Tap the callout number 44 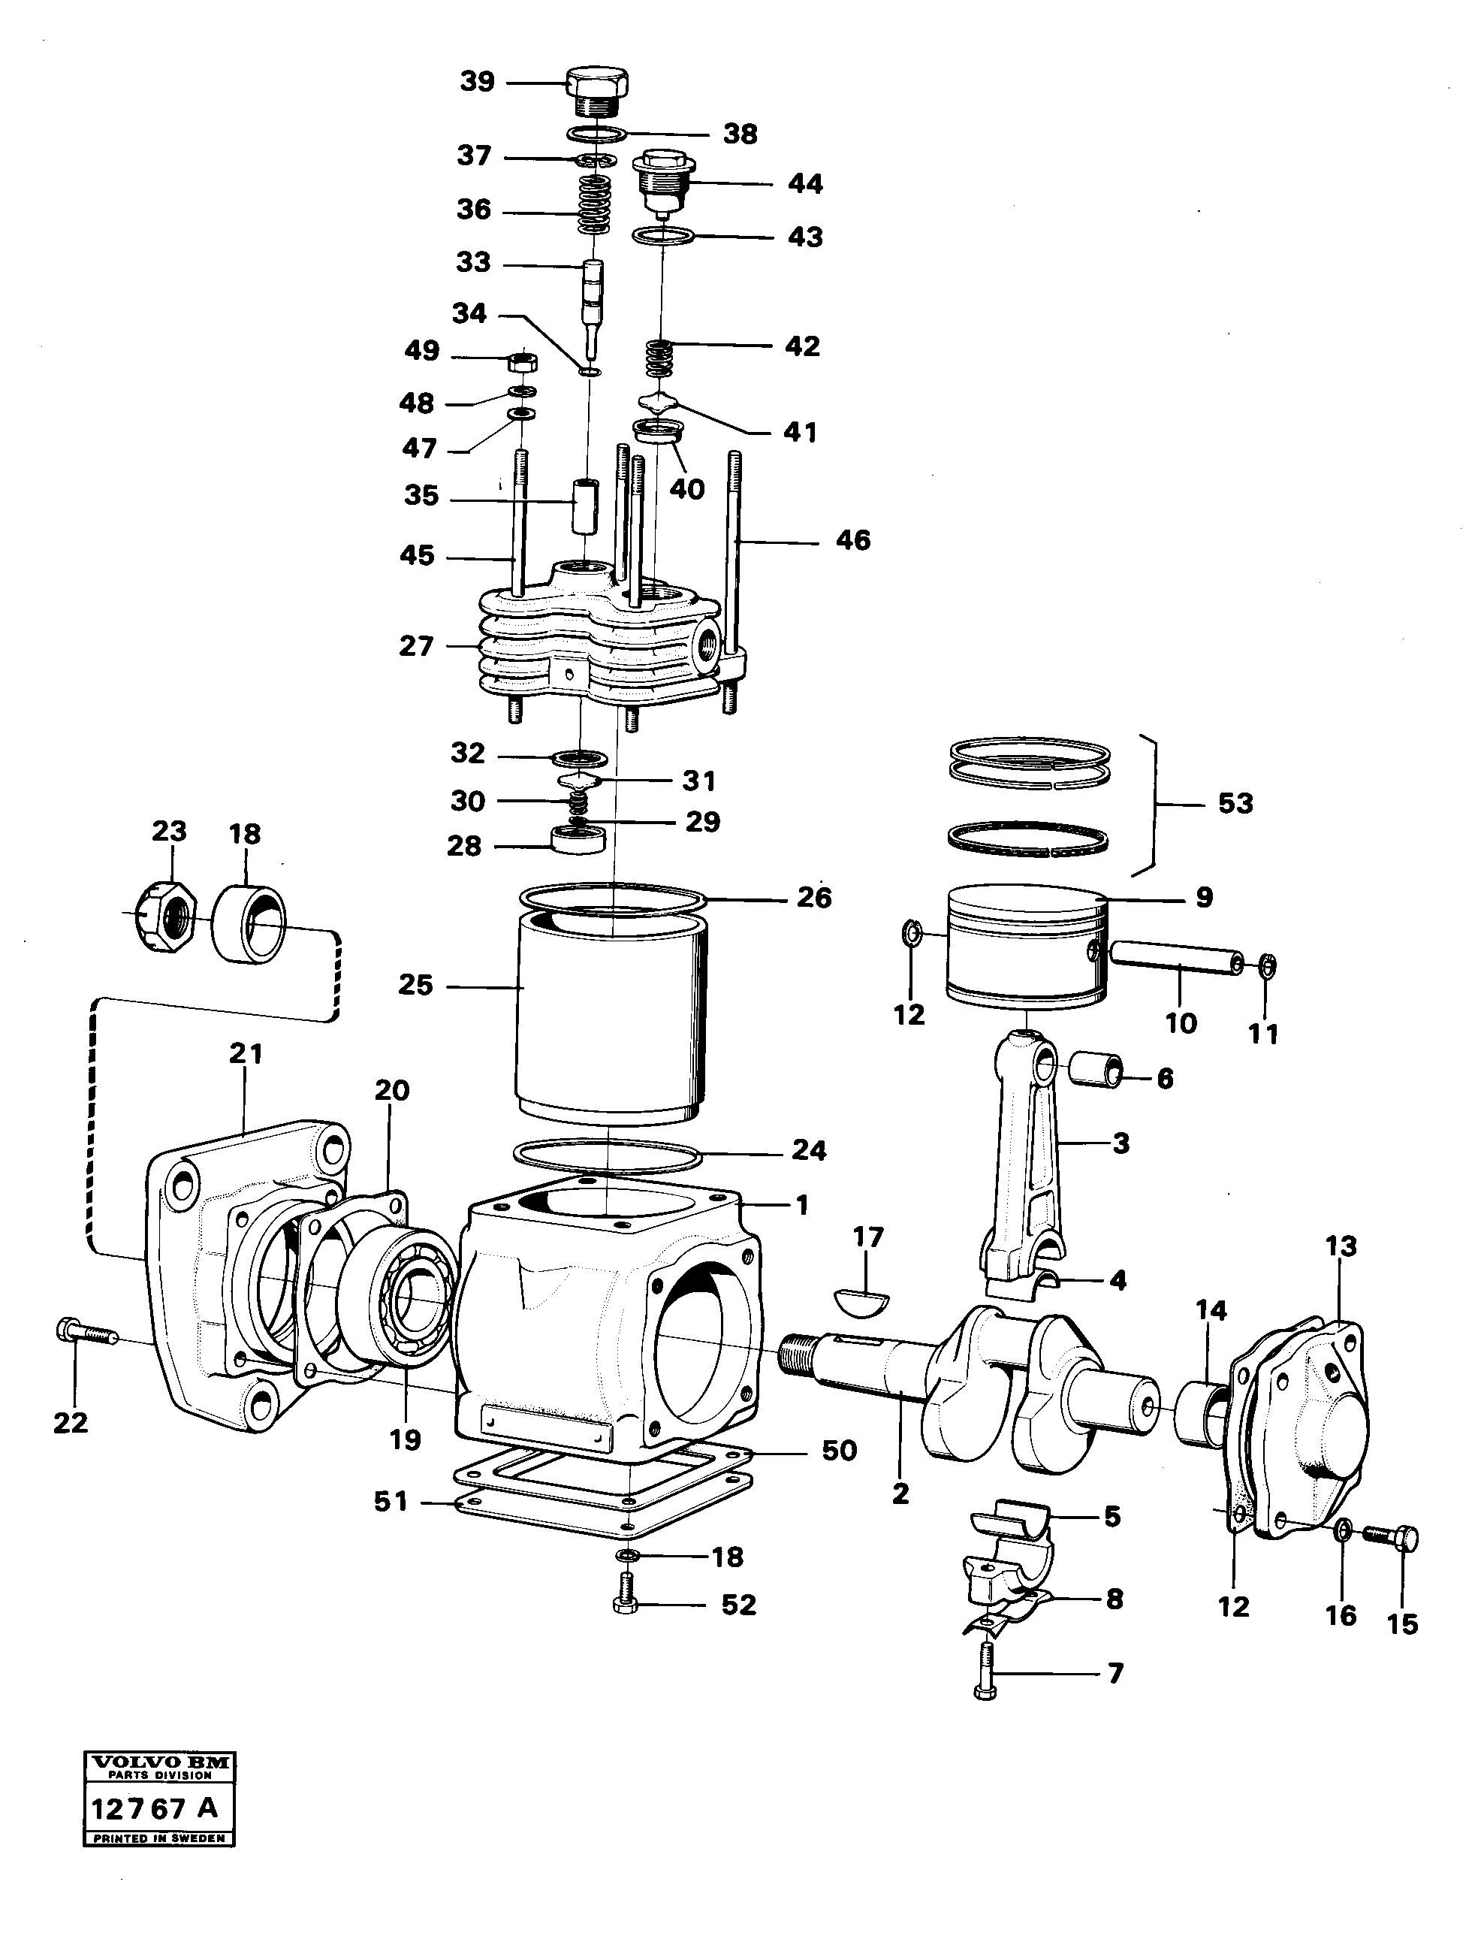point(805,183)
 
